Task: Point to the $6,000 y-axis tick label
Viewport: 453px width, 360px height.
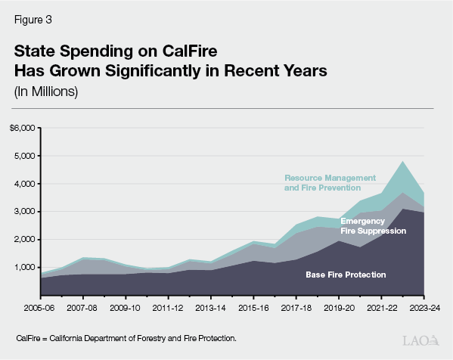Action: pyautogui.click(x=23, y=128)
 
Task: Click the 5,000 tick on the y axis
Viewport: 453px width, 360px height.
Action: pyautogui.click(x=25, y=156)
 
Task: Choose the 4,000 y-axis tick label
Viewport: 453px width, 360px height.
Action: pyautogui.click(x=25, y=184)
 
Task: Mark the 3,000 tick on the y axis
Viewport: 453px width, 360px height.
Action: pyautogui.click(x=25, y=212)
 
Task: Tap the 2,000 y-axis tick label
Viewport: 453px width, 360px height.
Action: pyautogui.click(x=25, y=240)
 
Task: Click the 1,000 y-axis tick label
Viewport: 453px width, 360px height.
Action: pyautogui.click(x=25, y=268)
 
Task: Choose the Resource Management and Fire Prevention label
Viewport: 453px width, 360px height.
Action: pyautogui.click(x=322, y=183)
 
